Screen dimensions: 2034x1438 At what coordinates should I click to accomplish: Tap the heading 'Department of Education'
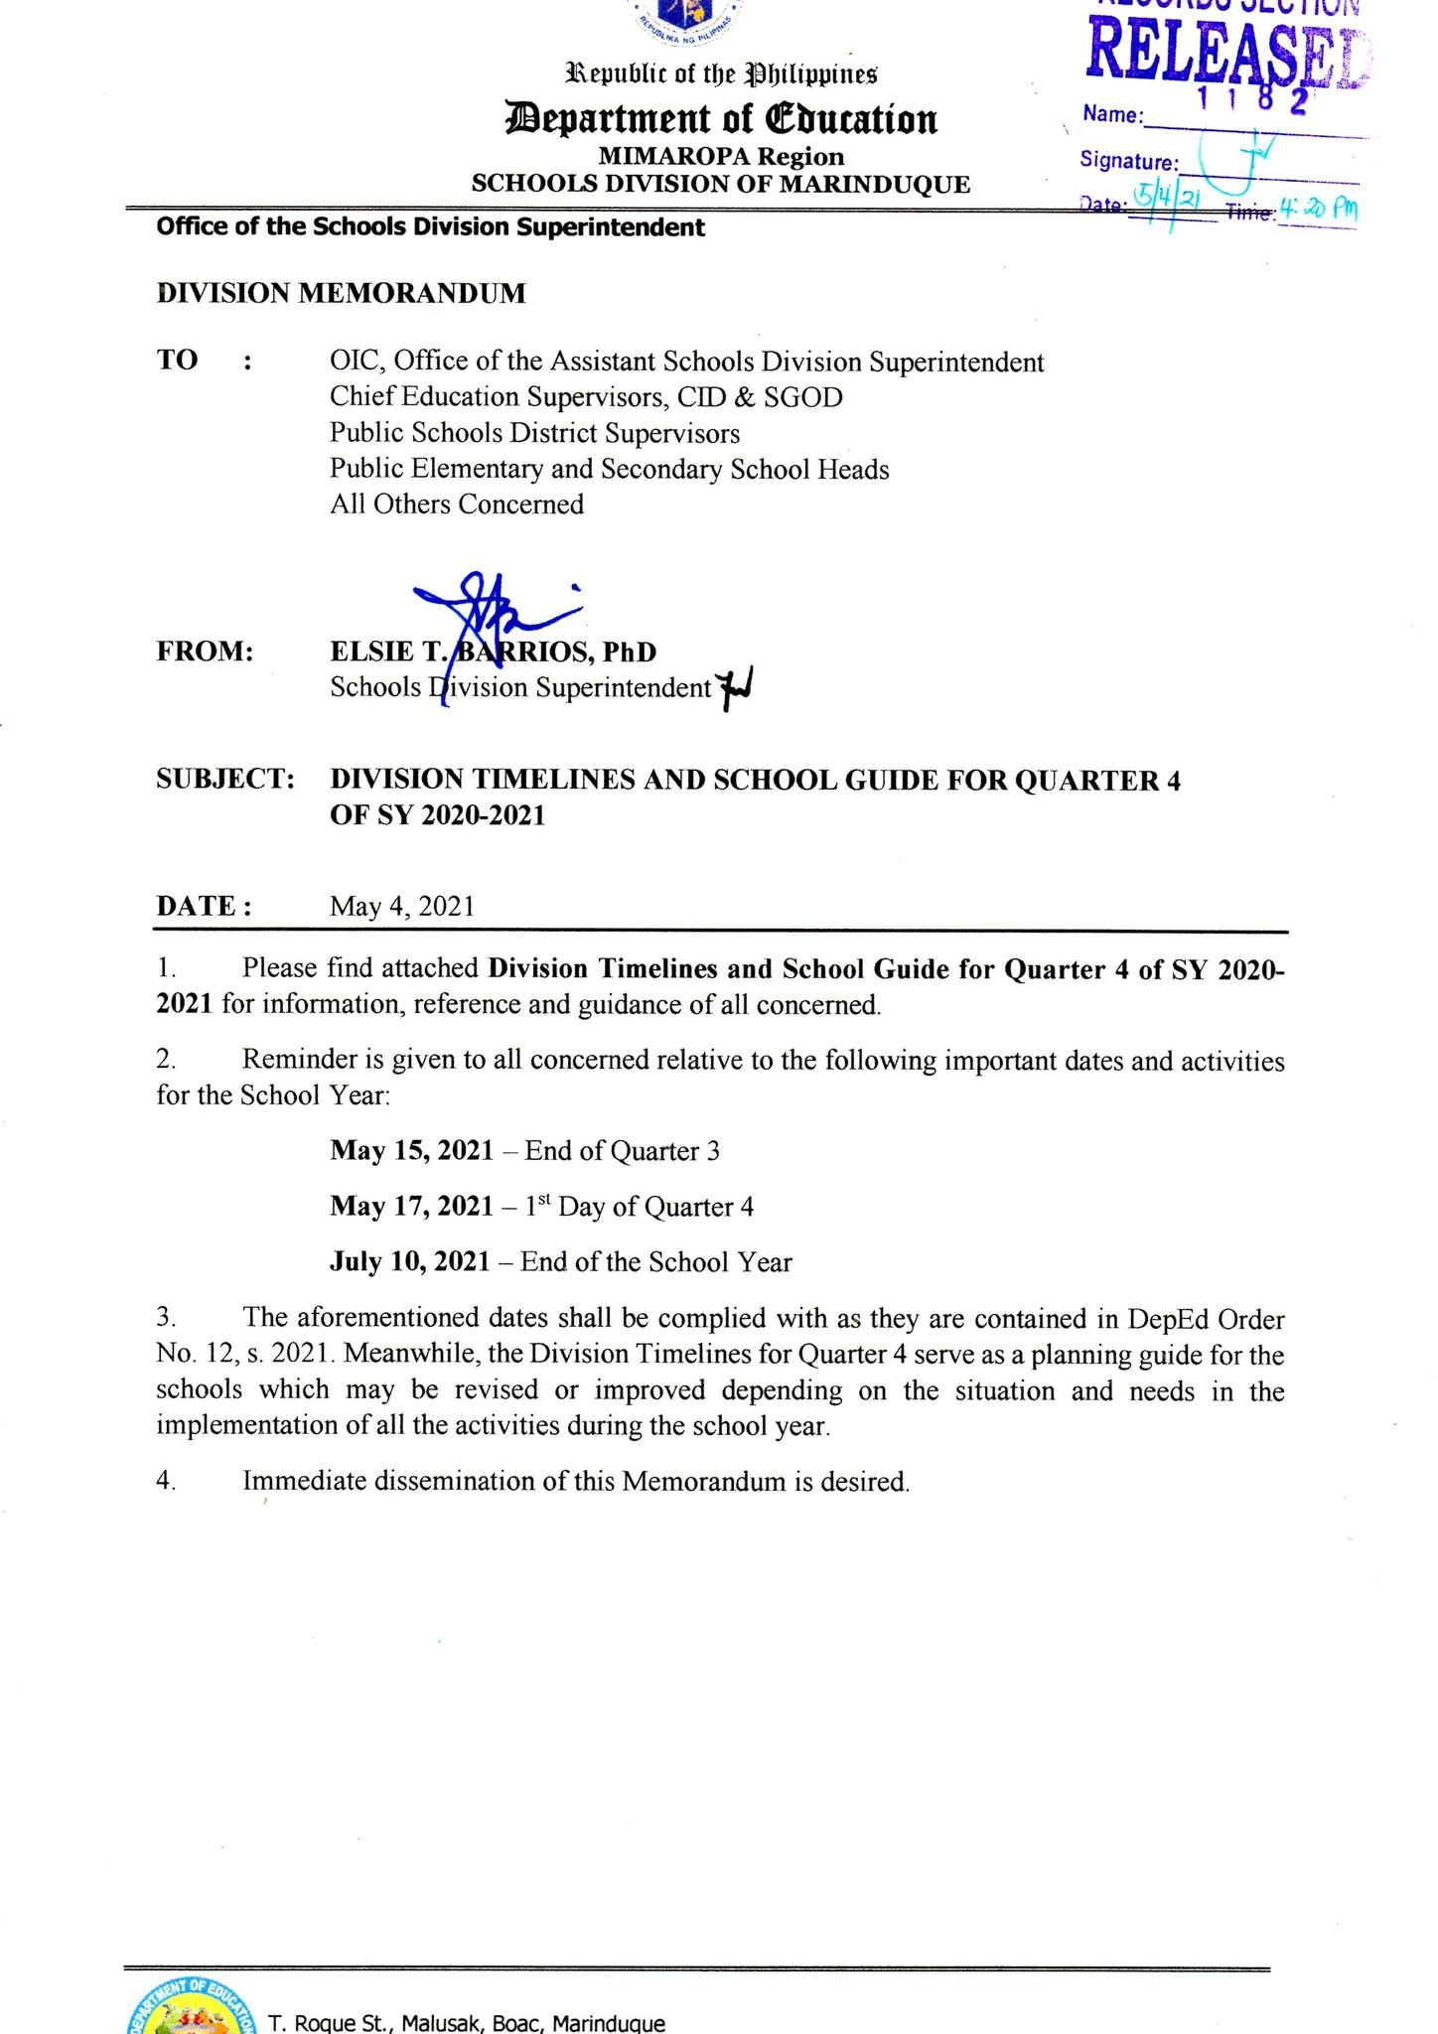point(721,119)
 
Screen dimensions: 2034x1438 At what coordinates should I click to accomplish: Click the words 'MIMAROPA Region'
point(721,156)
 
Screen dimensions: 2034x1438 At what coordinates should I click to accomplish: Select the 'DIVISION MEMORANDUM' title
point(341,293)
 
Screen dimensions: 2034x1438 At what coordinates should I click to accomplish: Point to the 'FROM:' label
point(205,652)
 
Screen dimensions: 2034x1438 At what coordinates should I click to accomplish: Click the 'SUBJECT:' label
point(225,779)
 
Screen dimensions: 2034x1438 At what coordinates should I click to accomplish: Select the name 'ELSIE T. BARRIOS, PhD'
point(494,652)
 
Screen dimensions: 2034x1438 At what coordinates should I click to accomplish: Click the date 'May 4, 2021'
point(402,906)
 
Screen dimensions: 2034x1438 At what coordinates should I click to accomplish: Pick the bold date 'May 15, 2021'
point(411,1150)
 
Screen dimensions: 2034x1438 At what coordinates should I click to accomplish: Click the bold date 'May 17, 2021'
point(411,1206)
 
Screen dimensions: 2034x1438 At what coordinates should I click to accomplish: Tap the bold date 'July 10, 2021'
point(409,1261)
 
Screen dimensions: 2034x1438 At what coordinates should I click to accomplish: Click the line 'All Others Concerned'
point(457,504)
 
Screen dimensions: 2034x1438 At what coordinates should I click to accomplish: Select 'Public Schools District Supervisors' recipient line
point(534,433)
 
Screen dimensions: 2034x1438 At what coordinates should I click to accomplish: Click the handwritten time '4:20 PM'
point(1318,210)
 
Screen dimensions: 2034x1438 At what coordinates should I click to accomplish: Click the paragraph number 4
point(166,1481)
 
